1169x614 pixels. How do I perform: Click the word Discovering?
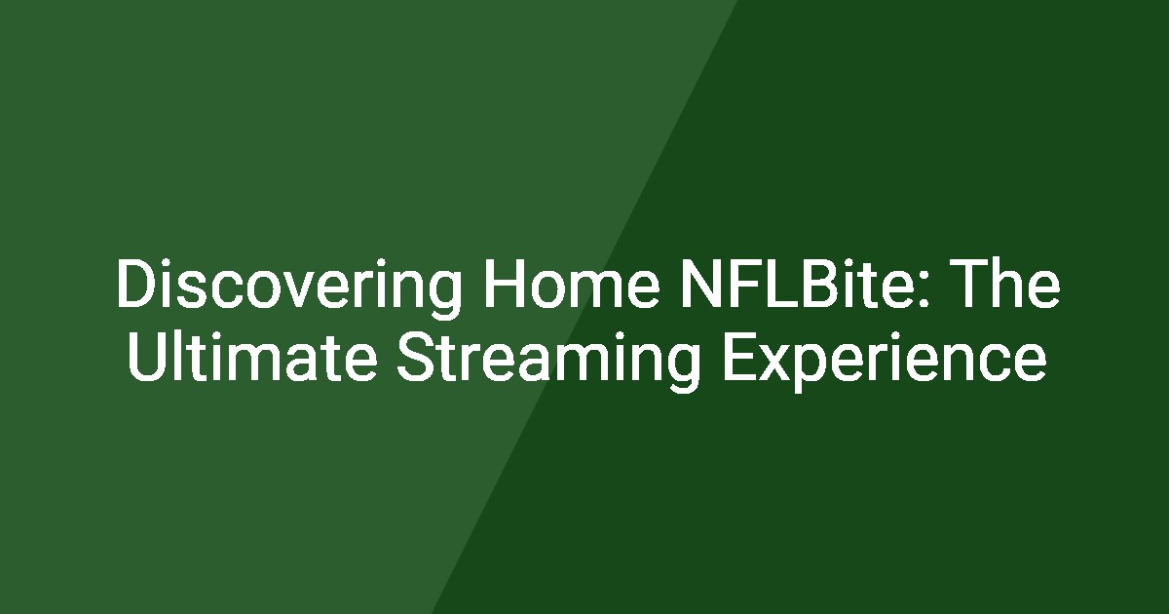tap(289, 288)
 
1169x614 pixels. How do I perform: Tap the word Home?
tap(573, 284)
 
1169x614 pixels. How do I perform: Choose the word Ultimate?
tap(251, 356)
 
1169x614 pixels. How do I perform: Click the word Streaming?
tap(548, 361)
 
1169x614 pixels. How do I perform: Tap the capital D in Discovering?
tap(137, 284)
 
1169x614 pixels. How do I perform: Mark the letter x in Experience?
tap(773, 364)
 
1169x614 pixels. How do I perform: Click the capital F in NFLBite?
tap(742, 284)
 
